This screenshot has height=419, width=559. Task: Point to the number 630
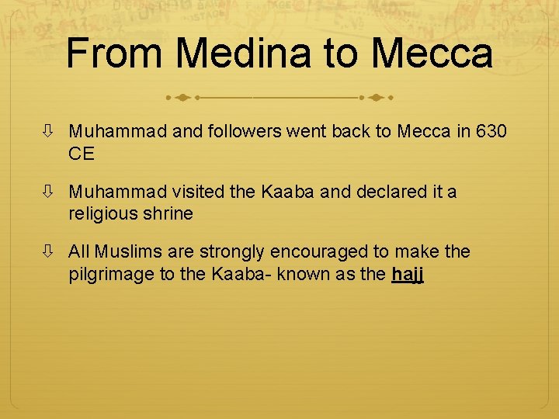[x=491, y=132]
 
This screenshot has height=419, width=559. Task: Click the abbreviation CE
[x=82, y=154]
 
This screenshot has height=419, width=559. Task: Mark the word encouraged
[x=325, y=251]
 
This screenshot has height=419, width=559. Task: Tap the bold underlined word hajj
[x=408, y=273]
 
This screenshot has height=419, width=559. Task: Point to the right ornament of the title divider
[x=376, y=99]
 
